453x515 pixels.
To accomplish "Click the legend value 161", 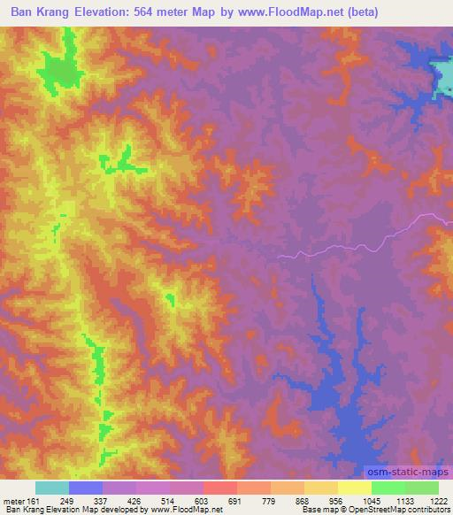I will (x=35, y=500).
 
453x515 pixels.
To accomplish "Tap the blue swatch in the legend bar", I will (x=85, y=488).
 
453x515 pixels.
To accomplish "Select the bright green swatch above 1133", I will (x=388, y=488).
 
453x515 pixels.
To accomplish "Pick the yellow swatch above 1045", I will (x=355, y=488).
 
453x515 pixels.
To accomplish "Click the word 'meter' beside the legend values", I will (x=13, y=500).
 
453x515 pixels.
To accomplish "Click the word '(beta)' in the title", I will (x=424, y=12).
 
